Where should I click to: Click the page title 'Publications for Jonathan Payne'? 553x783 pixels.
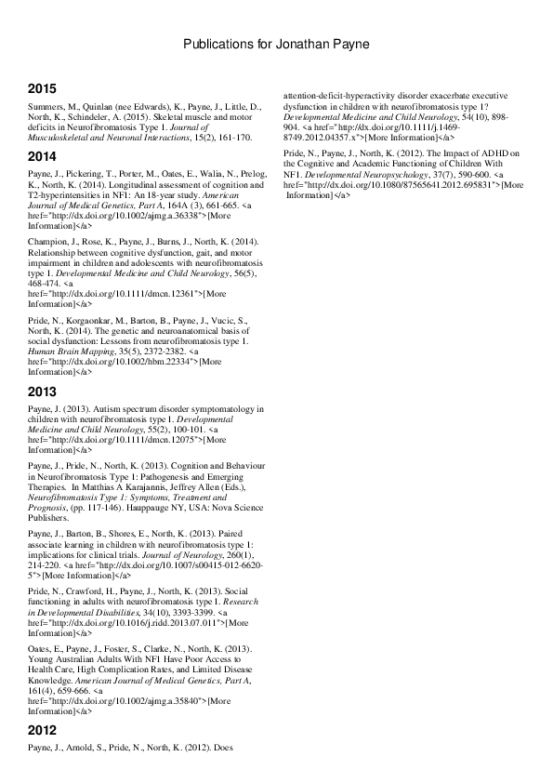click(276, 44)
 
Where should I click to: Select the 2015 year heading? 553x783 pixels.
click(42, 89)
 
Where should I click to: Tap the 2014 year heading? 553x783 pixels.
click(42, 155)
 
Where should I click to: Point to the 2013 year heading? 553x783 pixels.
click(42, 391)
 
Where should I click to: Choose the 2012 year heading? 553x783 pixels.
click(42, 730)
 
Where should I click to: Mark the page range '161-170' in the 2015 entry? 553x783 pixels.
click(230, 138)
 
